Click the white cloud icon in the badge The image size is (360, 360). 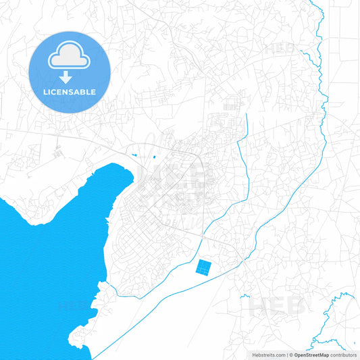click(x=69, y=57)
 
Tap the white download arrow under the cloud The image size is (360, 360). click(x=69, y=76)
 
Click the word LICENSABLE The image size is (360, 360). click(x=69, y=91)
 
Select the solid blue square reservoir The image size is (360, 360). click(x=203, y=268)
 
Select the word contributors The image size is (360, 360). click(x=344, y=354)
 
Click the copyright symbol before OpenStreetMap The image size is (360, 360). click(x=291, y=354)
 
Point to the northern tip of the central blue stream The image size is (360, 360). click(x=247, y=115)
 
